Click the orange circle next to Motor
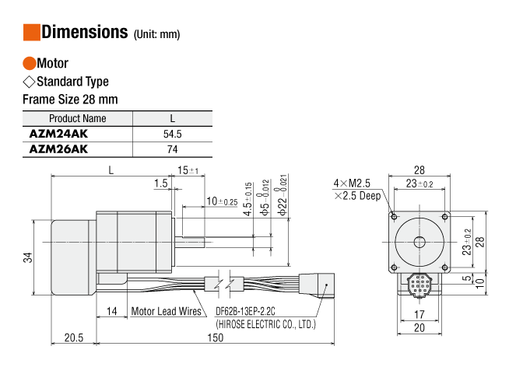pyautogui.click(x=29, y=64)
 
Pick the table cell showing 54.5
pyautogui.click(x=174, y=134)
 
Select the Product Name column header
pyautogui.click(x=77, y=119)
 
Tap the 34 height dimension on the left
pyautogui.click(x=28, y=257)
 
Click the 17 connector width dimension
pyautogui.click(x=420, y=315)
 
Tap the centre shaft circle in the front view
pyautogui.click(x=420, y=240)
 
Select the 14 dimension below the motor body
pyautogui.click(x=112, y=311)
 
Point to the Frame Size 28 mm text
pyautogui.click(x=70, y=99)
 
